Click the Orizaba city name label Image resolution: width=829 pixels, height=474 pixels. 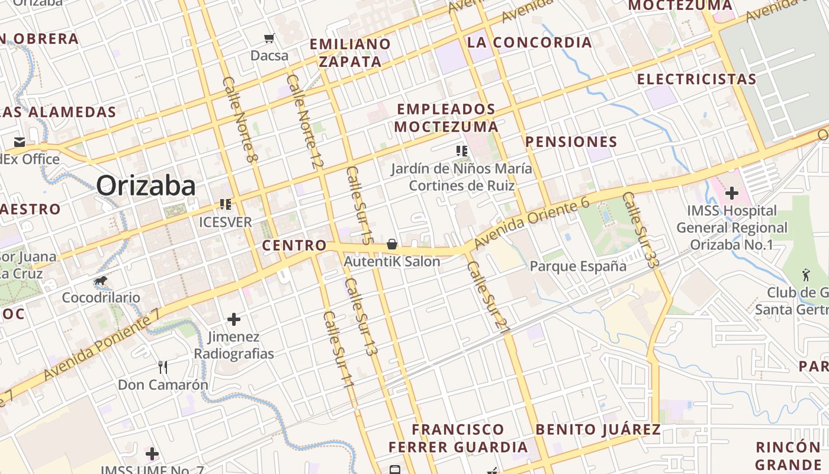tap(146, 186)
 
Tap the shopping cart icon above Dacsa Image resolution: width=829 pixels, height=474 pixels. tap(269, 39)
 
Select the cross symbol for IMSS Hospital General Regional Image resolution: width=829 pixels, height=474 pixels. tap(732, 193)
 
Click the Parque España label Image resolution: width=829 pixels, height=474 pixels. tap(578, 266)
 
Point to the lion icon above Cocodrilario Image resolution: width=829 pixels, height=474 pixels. tap(101, 280)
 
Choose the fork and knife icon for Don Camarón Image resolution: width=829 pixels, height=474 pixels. tap(163, 367)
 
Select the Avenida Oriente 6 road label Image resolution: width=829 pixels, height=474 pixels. tap(531, 224)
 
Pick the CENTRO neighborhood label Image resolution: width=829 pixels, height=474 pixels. tap(294, 245)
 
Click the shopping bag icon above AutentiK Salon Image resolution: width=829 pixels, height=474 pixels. tap(392, 244)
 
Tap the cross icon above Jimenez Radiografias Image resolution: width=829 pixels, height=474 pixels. tap(234, 319)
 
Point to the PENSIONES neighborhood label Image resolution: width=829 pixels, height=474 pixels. tap(571, 142)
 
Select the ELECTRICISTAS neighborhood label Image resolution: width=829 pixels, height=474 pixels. tap(696, 79)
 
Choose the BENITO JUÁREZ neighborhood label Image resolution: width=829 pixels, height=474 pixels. tap(597, 430)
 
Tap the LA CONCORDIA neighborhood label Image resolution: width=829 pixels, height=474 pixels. tap(529, 42)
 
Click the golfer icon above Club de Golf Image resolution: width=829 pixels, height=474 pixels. tap(805, 275)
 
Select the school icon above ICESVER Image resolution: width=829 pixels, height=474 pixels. tap(226, 204)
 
